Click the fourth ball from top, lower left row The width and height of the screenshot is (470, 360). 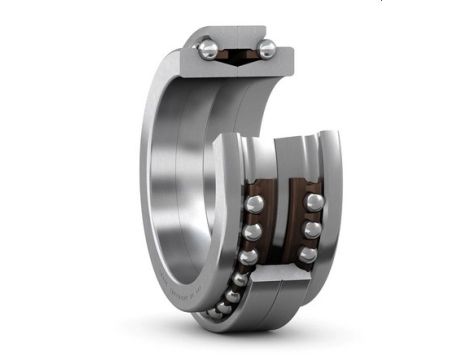point(241,279)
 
